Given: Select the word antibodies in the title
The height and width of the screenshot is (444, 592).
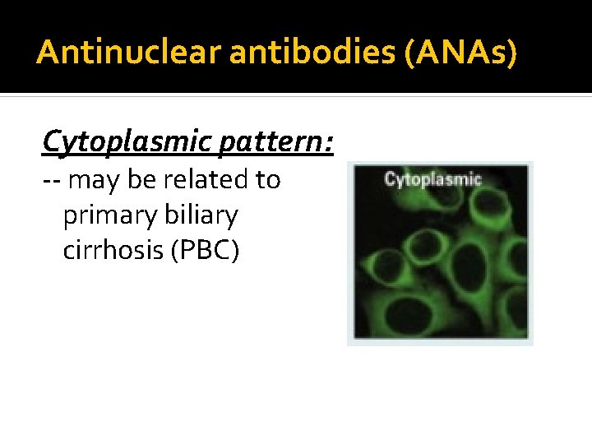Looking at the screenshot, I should coord(272,52).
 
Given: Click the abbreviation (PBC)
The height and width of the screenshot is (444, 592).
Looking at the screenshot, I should coord(205,250).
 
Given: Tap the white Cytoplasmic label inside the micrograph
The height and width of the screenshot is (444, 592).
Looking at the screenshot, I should coord(432,178).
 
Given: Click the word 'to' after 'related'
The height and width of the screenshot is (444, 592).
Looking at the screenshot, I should coord(268,179).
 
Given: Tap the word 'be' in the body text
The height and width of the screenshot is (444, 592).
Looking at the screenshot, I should coord(141,179).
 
